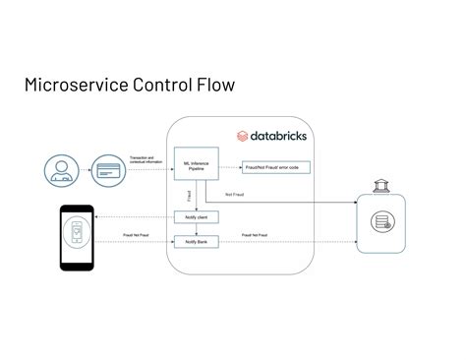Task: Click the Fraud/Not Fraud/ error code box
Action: click(276, 167)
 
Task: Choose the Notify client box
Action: click(195, 216)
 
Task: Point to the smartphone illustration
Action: click(77, 237)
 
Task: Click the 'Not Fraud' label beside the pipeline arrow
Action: click(235, 193)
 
